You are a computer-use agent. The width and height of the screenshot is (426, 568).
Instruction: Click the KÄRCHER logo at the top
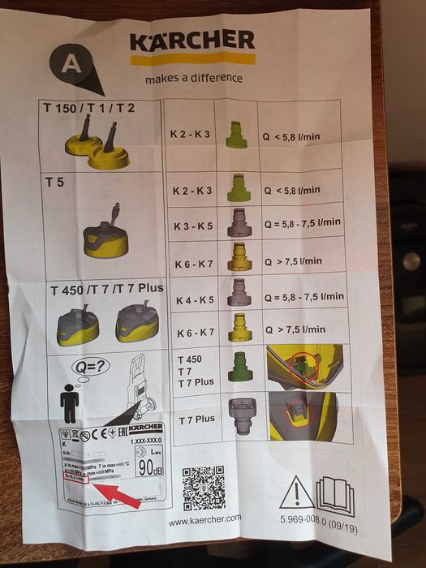pyautogui.click(x=191, y=41)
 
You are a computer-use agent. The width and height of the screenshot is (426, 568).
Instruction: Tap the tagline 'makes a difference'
pyautogui.click(x=193, y=79)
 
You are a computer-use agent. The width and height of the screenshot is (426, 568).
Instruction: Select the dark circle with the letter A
pyautogui.click(x=72, y=63)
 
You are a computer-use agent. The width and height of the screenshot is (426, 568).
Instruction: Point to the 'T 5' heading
pyautogui.click(x=56, y=183)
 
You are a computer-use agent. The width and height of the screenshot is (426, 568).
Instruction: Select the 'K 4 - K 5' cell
pyautogui.click(x=194, y=299)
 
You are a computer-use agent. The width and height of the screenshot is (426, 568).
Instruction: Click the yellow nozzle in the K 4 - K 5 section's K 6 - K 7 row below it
pyautogui.click(x=239, y=328)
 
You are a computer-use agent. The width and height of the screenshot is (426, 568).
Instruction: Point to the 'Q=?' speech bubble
pyautogui.click(x=90, y=366)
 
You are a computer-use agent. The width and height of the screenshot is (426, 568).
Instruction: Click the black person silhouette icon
pyautogui.click(x=71, y=402)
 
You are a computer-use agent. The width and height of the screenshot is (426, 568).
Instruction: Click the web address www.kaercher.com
pyautogui.click(x=204, y=519)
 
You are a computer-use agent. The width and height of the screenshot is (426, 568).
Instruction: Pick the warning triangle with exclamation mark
pyautogui.click(x=296, y=493)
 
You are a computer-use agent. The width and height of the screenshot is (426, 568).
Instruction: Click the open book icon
pyautogui.click(x=335, y=494)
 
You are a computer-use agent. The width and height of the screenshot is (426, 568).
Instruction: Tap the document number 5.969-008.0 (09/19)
pyautogui.click(x=316, y=519)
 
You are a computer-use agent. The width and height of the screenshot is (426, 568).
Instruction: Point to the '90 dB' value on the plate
pyautogui.click(x=148, y=468)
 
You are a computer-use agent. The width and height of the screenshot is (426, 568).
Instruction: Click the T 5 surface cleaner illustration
pyautogui.click(x=105, y=230)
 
